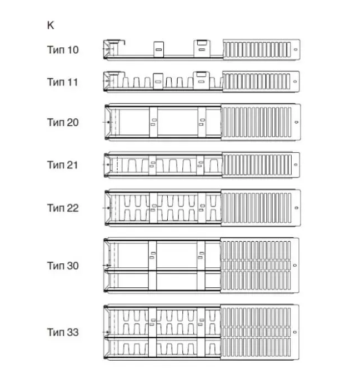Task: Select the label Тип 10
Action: point(63,50)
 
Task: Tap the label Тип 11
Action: point(63,82)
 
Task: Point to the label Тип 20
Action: point(63,122)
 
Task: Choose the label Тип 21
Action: point(63,165)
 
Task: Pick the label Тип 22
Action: point(63,208)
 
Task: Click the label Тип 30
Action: point(63,266)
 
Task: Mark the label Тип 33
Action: point(63,333)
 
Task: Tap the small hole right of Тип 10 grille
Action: point(295,50)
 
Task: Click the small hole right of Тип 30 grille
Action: point(295,266)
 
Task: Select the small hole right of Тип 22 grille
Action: point(295,208)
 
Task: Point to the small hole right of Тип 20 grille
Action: point(295,122)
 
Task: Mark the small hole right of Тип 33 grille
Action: point(295,333)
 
